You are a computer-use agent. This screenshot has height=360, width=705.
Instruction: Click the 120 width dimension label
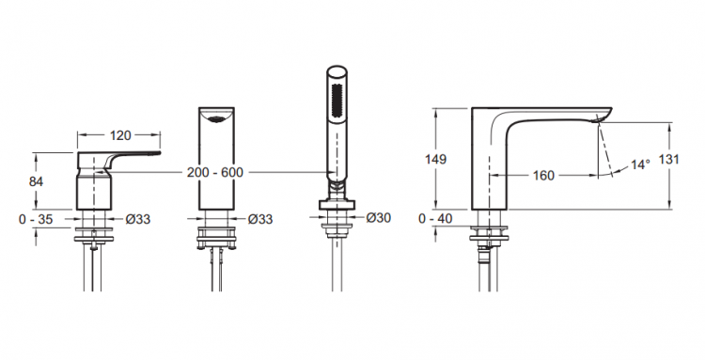coord(120,134)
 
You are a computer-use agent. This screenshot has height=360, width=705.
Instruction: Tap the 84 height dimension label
coord(36,181)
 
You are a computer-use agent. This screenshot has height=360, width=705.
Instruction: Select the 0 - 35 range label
coord(36,219)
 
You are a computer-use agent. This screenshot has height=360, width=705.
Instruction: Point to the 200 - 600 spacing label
coord(215,172)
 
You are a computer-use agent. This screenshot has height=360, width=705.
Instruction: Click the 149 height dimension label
coord(435,159)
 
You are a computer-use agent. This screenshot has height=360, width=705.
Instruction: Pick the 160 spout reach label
coord(543,175)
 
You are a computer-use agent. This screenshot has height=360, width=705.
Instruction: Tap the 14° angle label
coord(640,164)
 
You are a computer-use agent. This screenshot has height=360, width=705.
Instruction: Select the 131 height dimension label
coord(668,159)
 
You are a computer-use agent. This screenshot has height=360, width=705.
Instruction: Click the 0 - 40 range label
coord(435,218)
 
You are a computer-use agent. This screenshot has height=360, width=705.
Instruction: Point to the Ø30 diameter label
coord(379,217)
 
